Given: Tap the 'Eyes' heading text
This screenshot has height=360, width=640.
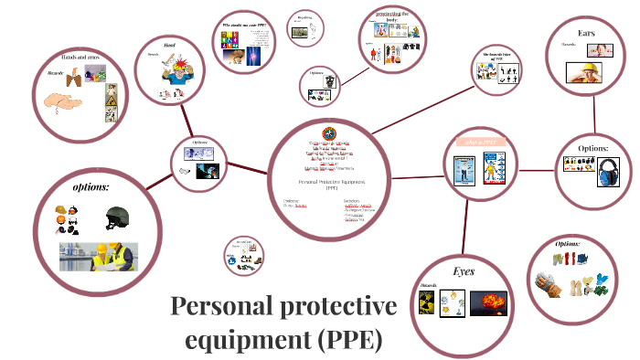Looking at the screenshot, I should (464, 271).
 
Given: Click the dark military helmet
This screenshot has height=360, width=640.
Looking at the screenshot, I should (117, 217).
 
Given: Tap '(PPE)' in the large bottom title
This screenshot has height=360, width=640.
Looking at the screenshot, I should (350, 340).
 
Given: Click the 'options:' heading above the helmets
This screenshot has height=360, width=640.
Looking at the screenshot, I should (91, 187).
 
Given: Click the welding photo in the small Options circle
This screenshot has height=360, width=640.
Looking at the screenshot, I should (209, 171).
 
